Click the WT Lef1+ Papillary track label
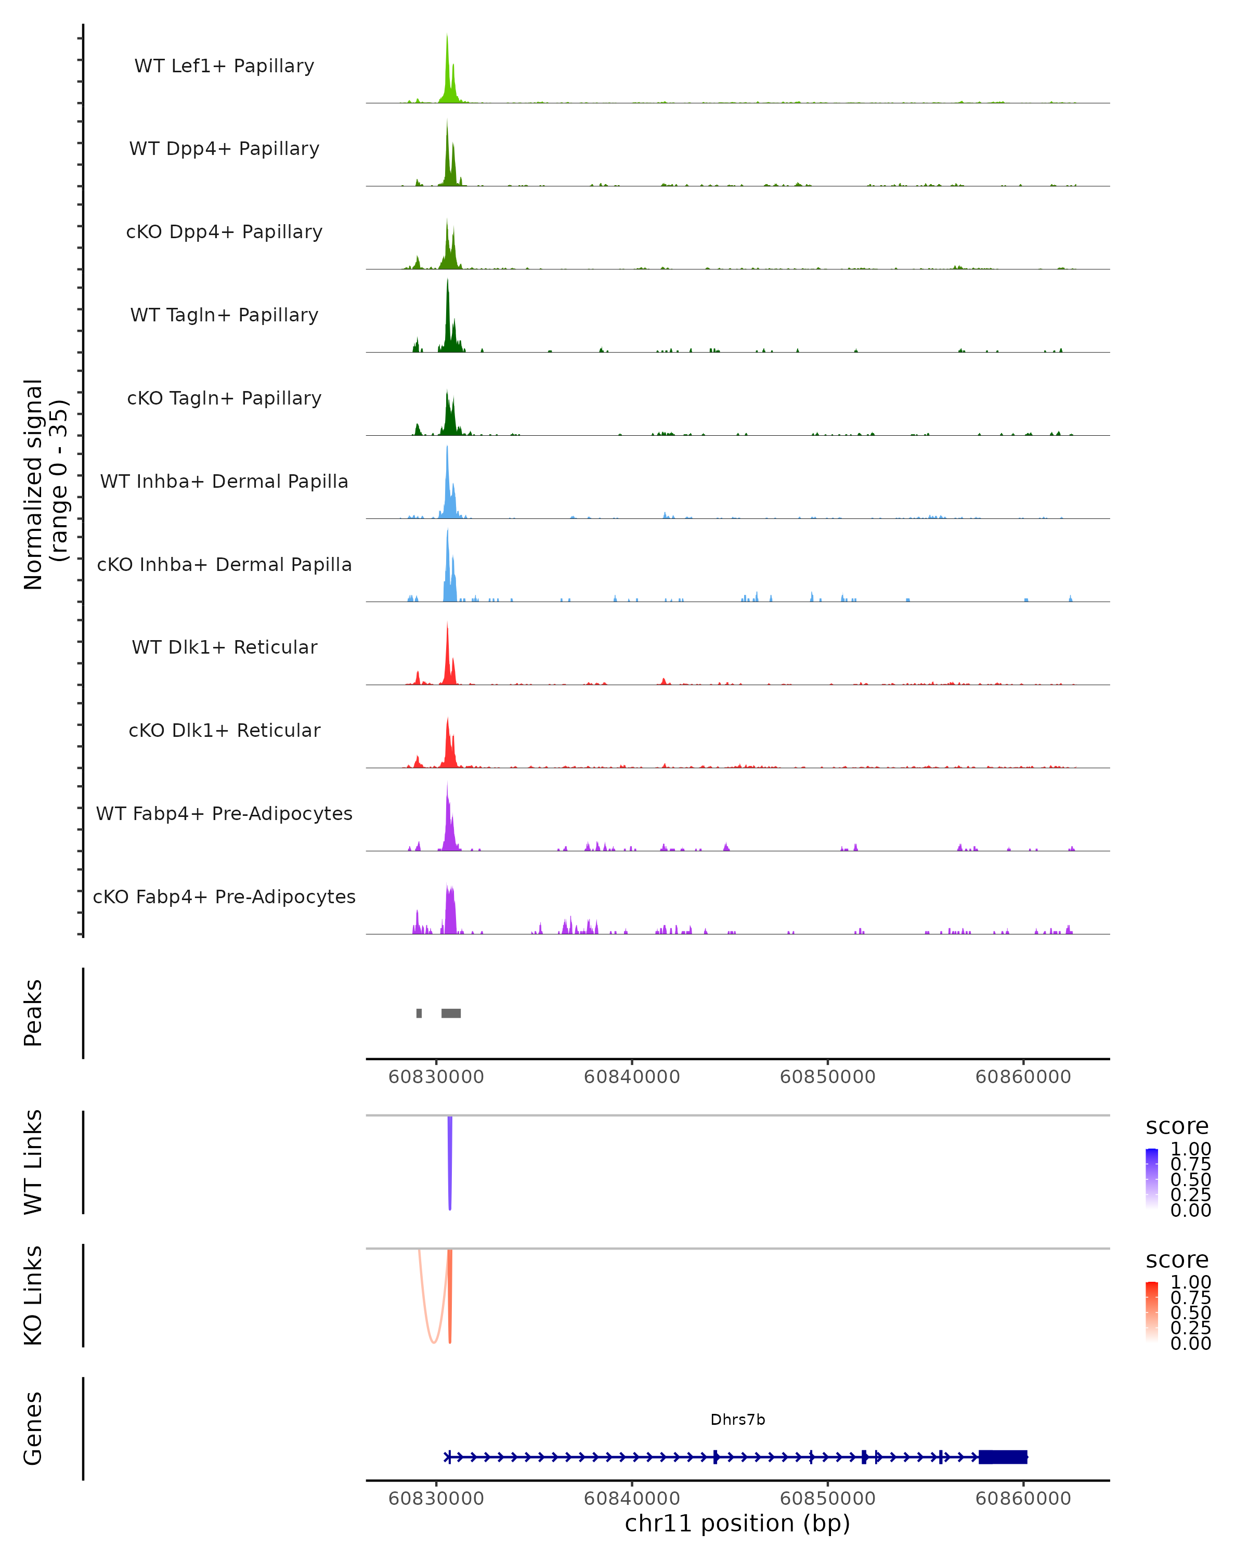coord(224,66)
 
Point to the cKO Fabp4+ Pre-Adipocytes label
coord(224,896)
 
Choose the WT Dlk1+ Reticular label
coord(224,647)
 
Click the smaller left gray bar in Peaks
coord(419,1013)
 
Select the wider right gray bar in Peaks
coord(451,1013)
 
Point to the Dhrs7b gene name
coord(737,1420)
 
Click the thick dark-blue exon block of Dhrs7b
coord(1003,1457)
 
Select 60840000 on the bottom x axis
coord(632,1499)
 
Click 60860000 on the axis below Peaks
coord(1023,1077)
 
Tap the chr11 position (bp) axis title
coord(737,1524)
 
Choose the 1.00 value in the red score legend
coord(1190,1282)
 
